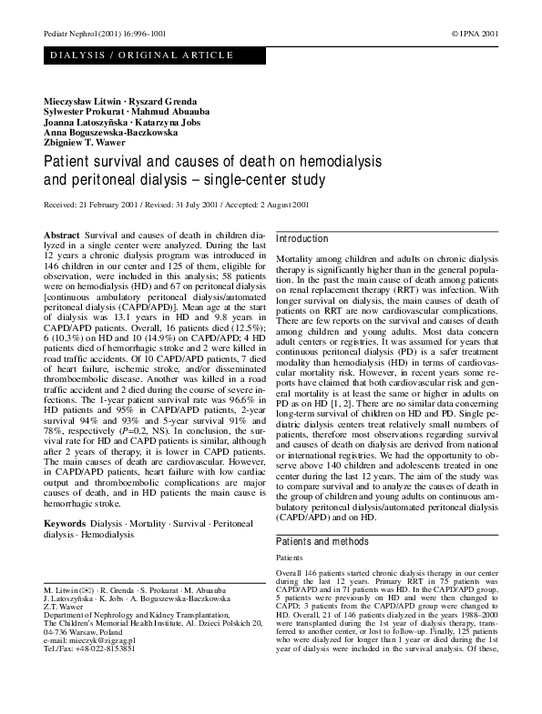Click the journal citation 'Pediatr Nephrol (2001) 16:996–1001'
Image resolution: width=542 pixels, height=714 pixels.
coord(100,33)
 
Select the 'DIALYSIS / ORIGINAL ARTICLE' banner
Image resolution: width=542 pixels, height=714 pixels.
coord(143,55)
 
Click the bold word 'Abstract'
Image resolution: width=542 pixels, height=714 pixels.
coord(62,236)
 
